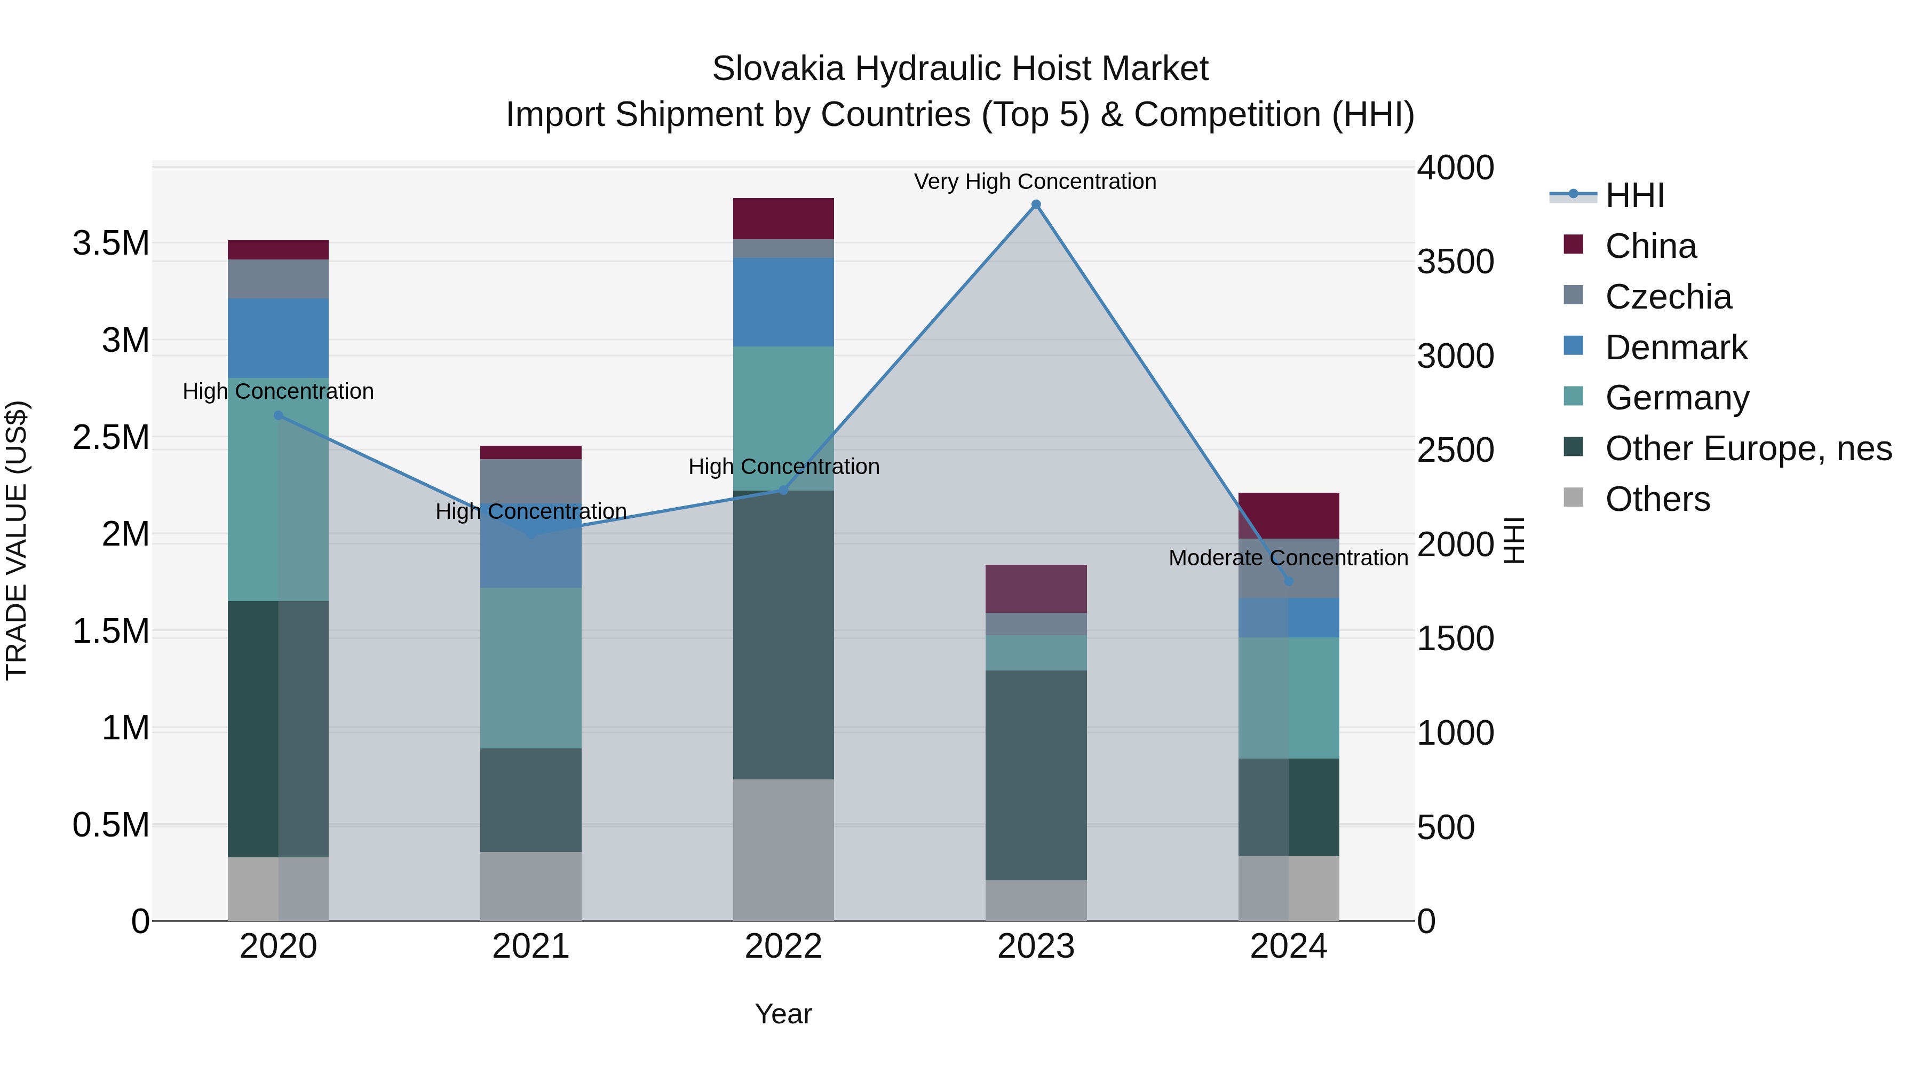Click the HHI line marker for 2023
(x=1036, y=204)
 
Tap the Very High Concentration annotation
(x=1035, y=182)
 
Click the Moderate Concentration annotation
(x=1288, y=558)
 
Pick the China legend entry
(x=1650, y=246)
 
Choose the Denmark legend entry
(x=1676, y=348)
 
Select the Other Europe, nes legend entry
(x=1748, y=448)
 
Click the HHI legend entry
(x=1634, y=195)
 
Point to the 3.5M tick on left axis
(x=110, y=243)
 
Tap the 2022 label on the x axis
(x=783, y=946)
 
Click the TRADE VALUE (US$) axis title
(x=17, y=540)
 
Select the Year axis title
(x=783, y=1014)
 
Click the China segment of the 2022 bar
(x=783, y=218)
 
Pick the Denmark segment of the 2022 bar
(x=783, y=302)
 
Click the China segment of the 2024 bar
(x=1289, y=516)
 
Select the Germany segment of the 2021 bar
(x=530, y=668)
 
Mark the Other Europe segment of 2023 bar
(x=1036, y=775)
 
